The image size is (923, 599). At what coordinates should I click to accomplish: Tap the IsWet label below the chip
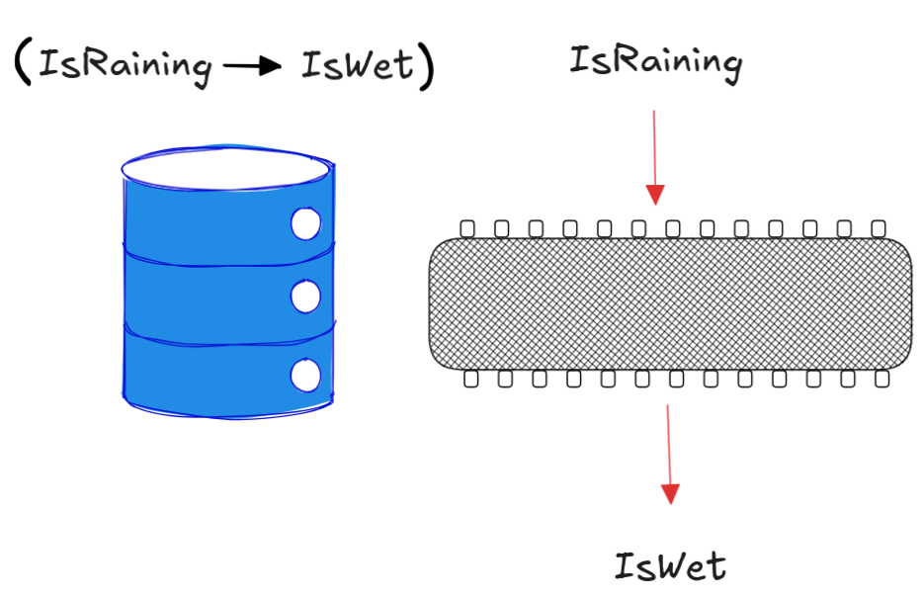tap(670, 566)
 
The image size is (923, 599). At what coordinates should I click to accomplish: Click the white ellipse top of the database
tap(225, 168)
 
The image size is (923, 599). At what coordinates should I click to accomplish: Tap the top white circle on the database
tap(306, 224)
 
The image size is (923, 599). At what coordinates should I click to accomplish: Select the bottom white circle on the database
tap(306, 375)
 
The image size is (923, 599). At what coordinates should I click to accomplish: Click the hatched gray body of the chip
tap(670, 303)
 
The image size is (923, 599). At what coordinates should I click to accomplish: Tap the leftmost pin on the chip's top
tap(467, 229)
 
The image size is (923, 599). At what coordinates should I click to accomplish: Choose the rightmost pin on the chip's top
tap(878, 229)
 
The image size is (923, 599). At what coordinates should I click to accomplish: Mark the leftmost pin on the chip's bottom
tap(471, 378)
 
